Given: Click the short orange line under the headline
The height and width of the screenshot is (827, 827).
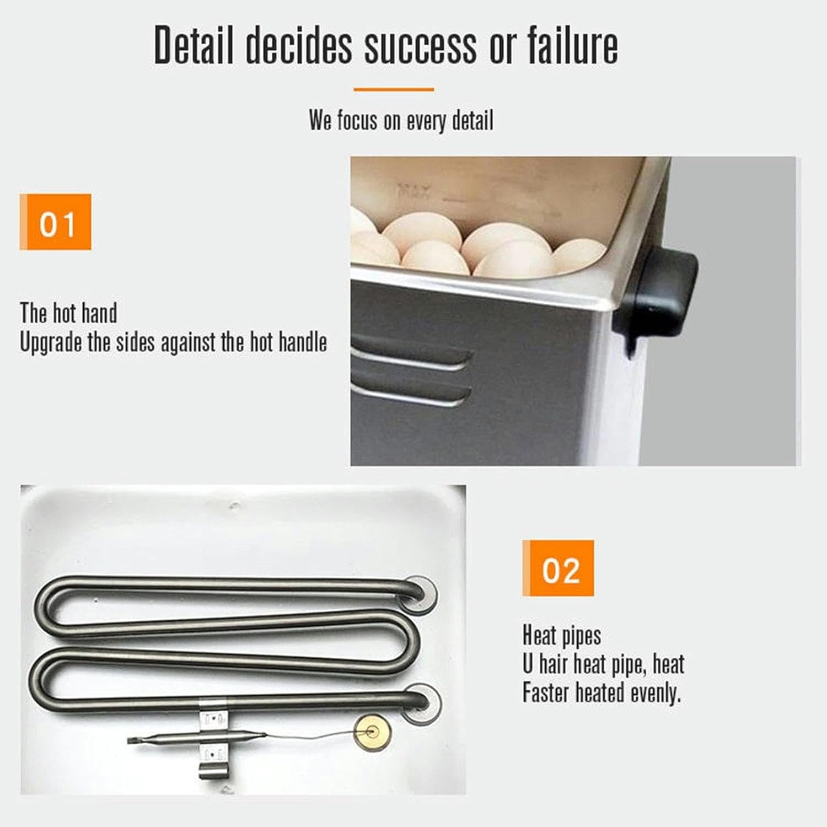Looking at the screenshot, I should (394, 89).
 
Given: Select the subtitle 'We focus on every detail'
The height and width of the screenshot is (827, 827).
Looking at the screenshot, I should (401, 120).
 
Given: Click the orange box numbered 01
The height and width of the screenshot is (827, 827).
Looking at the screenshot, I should (56, 222).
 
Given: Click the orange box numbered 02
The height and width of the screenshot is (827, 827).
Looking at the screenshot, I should (558, 568).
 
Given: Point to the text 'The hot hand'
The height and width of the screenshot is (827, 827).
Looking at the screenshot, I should (68, 313).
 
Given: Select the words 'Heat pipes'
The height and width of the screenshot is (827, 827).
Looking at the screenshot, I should (561, 636).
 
